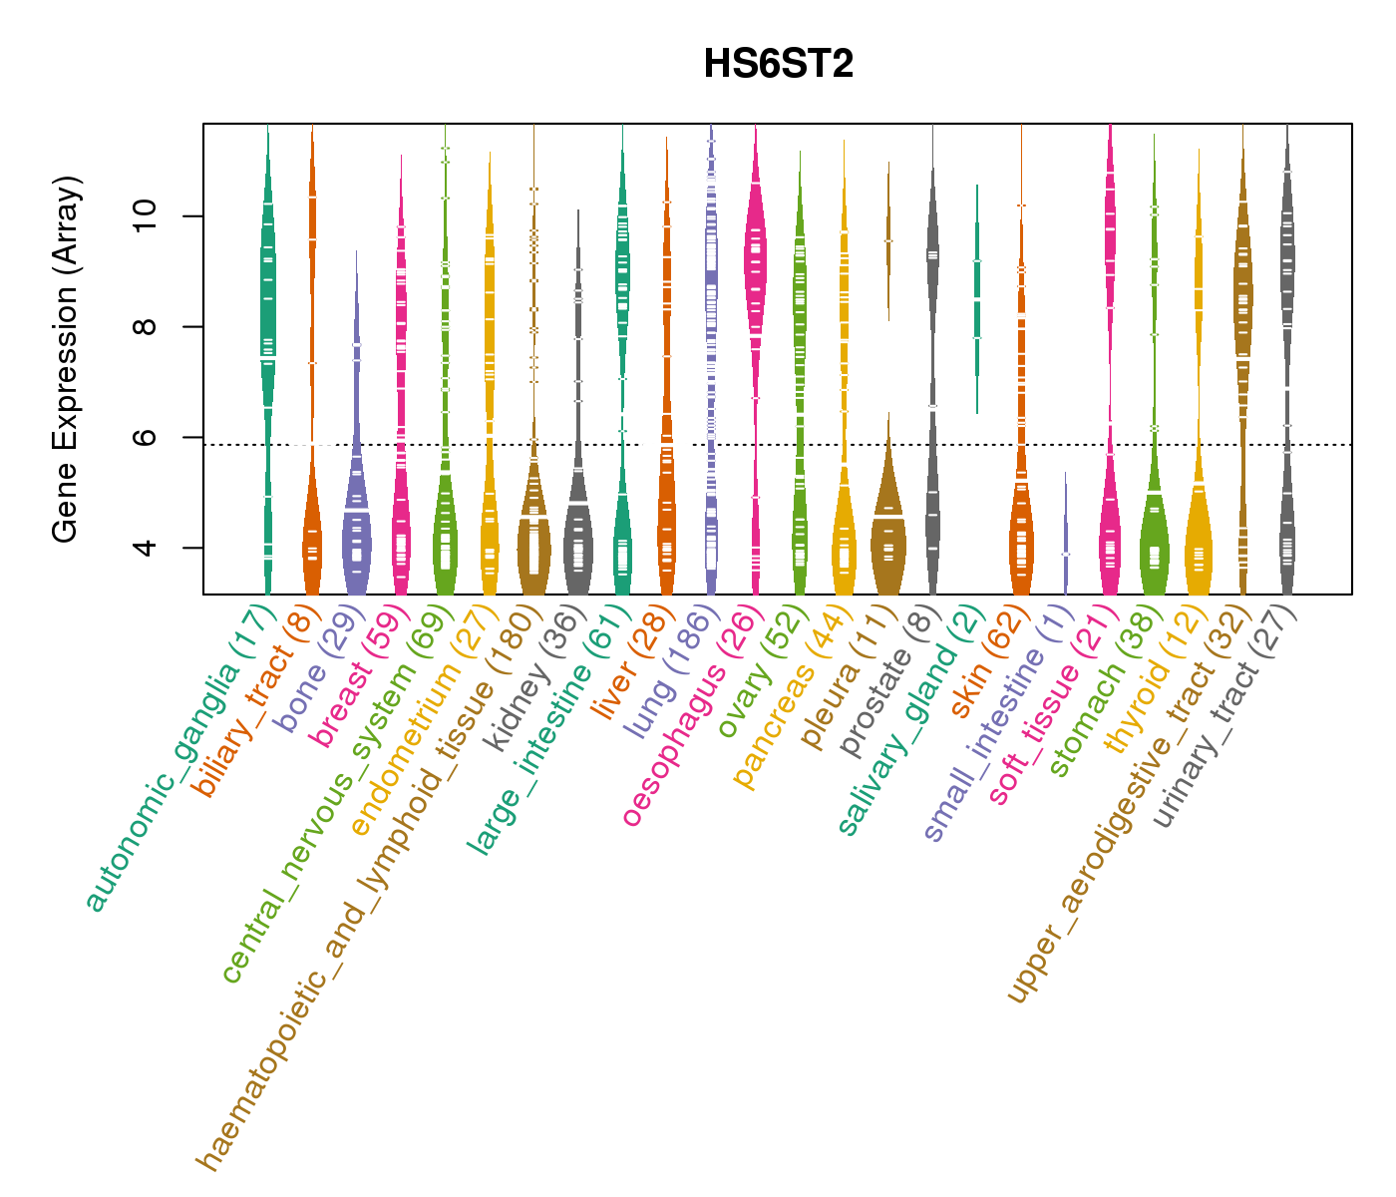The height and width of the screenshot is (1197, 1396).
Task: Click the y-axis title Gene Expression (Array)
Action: coord(66,360)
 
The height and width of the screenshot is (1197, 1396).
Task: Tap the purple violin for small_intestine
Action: coord(1065,539)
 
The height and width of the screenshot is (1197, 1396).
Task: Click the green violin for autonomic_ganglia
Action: coord(268,299)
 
